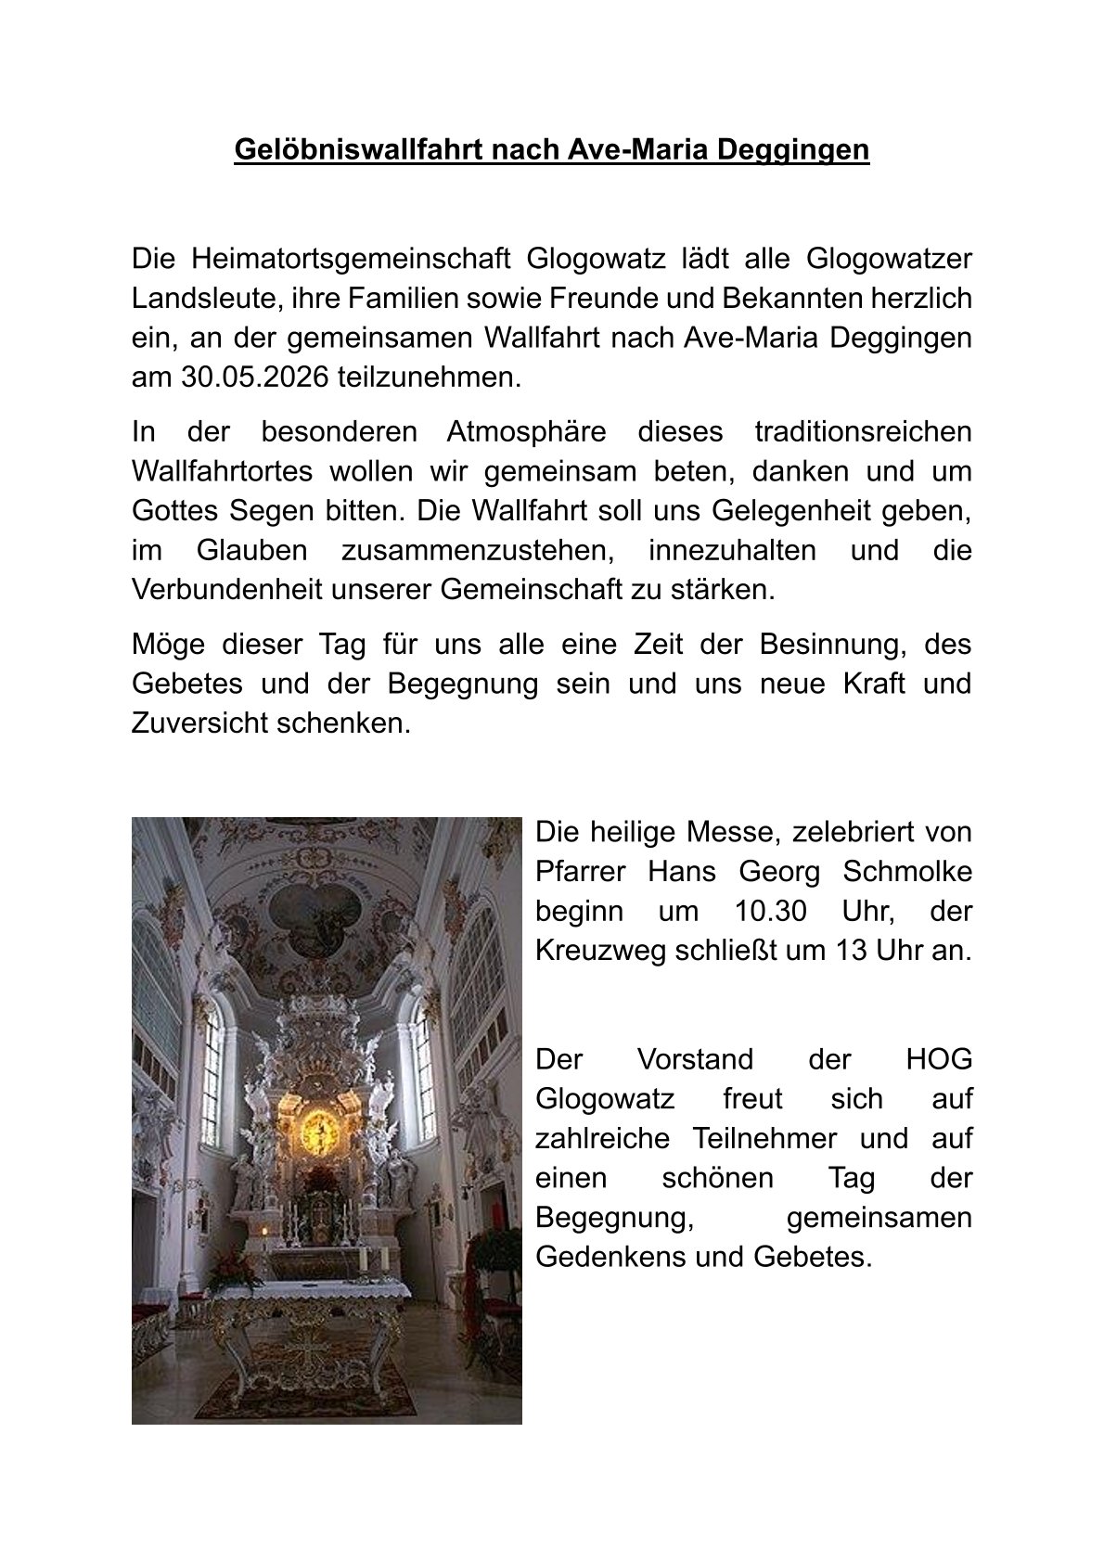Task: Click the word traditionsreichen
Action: click(x=863, y=431)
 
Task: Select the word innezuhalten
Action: click(x=733, y=550)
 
